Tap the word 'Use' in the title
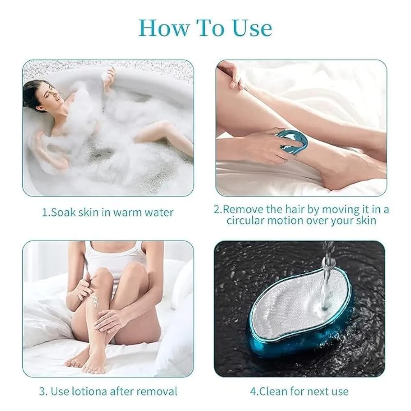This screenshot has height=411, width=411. (252, 28)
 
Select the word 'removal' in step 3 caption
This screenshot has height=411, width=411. (157, 391)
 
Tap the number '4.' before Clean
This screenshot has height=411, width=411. (254, 392)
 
